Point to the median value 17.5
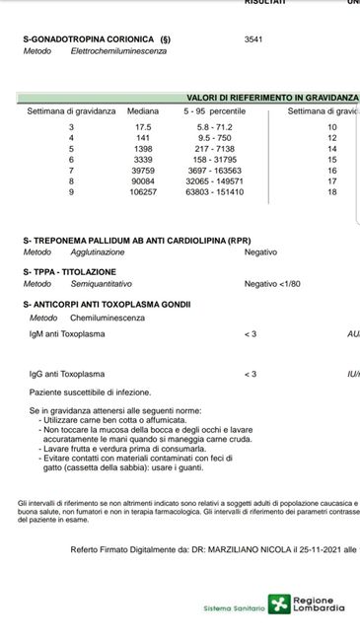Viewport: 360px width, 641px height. point(142,127)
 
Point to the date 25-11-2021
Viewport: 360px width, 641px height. point(298,548)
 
